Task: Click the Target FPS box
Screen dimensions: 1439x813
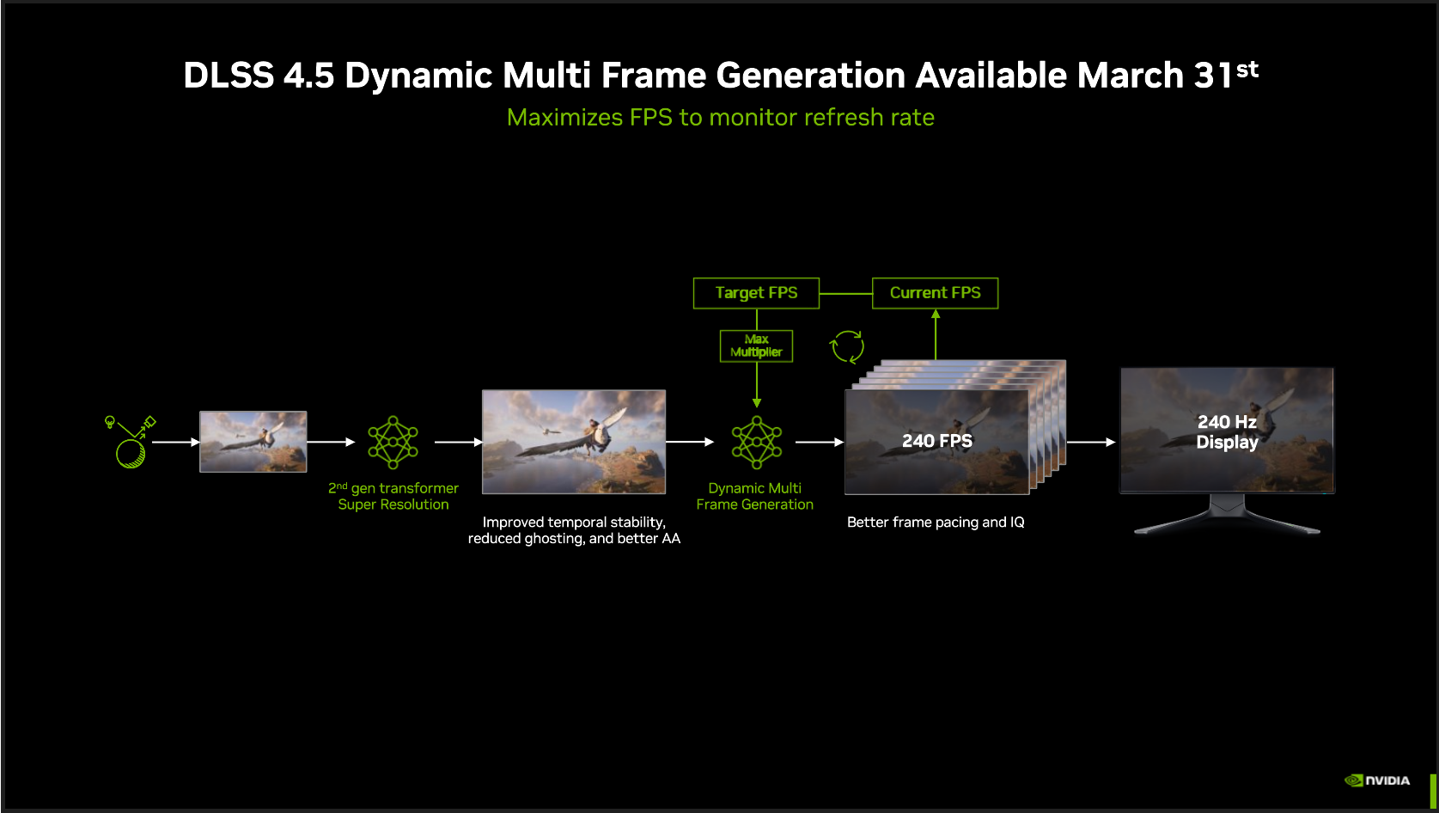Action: click(x=756, y=293)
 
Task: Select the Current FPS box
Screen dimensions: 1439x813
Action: click(x=935, y=293)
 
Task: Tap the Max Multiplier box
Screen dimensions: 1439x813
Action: click(x=756, y=345)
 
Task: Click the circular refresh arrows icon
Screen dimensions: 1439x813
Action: click(x=847, y=347)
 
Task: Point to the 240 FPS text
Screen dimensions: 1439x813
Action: click(x=936, y=441)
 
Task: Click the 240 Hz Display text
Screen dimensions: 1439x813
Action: click(x=1227, y=432)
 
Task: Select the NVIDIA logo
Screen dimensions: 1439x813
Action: click(x=1376, y=780)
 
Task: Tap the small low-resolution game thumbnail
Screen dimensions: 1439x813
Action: click(x=253, y=442)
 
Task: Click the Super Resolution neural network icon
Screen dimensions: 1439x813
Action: click(x=393, y=443)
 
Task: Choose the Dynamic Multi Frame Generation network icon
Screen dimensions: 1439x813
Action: click(x=756, y=443)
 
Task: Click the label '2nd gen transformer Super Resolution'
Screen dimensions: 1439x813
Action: click(x=393, y=496)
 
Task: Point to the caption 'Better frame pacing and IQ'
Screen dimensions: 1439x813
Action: click(x=936, y=523)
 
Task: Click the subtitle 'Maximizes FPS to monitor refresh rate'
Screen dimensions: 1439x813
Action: click(x=720, y=118)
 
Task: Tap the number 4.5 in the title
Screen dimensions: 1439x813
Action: click(x=309, y=75)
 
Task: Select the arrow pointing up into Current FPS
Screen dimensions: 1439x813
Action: click(x=936, y=334)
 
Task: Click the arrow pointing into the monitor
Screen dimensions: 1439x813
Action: click(x=1091, y=443)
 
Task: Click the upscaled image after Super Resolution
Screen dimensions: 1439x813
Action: click(x=574, y=442)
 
